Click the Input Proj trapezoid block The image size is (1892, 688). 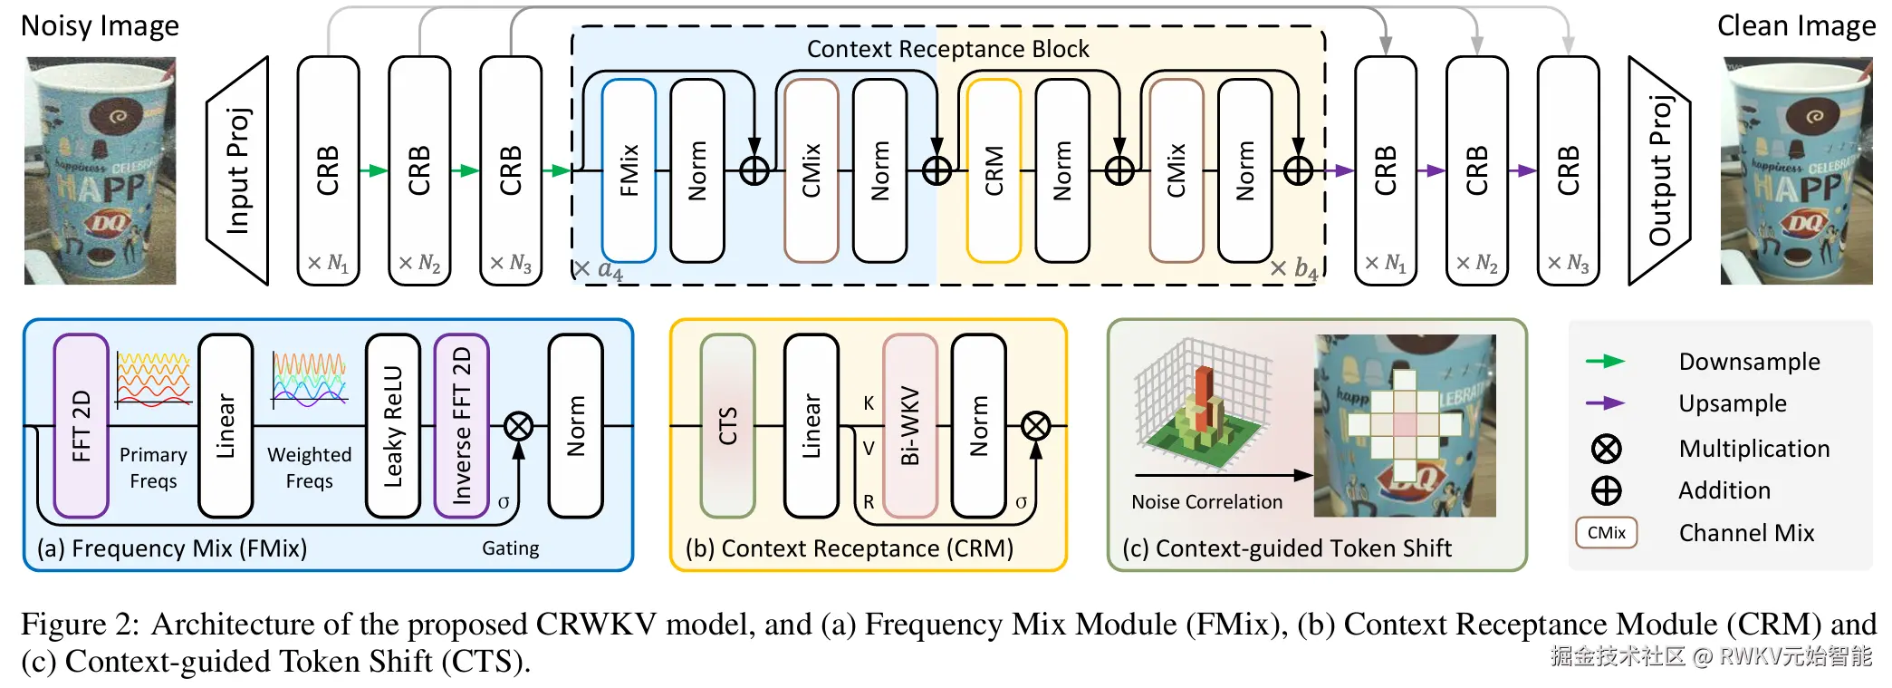[x=238, y=170]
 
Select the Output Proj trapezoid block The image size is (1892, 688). [x=1659, y=170]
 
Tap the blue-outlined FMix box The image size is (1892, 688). [x=629, y=170]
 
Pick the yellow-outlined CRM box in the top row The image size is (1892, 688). [x=994, y=170]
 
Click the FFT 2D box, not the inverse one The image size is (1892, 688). [x=81, y=425]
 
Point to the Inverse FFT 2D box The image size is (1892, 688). [x=462, y=425]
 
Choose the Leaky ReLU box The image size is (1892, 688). [x=393, y=425]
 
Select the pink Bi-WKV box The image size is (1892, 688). [x=909, y=425]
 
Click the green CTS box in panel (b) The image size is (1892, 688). [x=727, y=425]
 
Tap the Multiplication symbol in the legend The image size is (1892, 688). [x=1607, y=449]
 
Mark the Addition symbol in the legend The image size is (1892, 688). [x=1607, y=490]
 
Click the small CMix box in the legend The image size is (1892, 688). [x=1607, y=533]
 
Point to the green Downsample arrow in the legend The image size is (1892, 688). [x=1606, y=362]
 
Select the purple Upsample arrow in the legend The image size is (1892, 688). [x=1606, y=403]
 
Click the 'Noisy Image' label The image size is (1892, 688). [x=100, y=25]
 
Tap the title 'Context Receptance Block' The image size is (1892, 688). [x=947, y=49]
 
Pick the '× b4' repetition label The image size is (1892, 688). [x=1293, y=268]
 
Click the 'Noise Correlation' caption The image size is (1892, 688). [x=1206, y=502]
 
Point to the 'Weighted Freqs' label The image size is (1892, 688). [x=309, y=468]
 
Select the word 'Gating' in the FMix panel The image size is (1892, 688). [x=510, y=548]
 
